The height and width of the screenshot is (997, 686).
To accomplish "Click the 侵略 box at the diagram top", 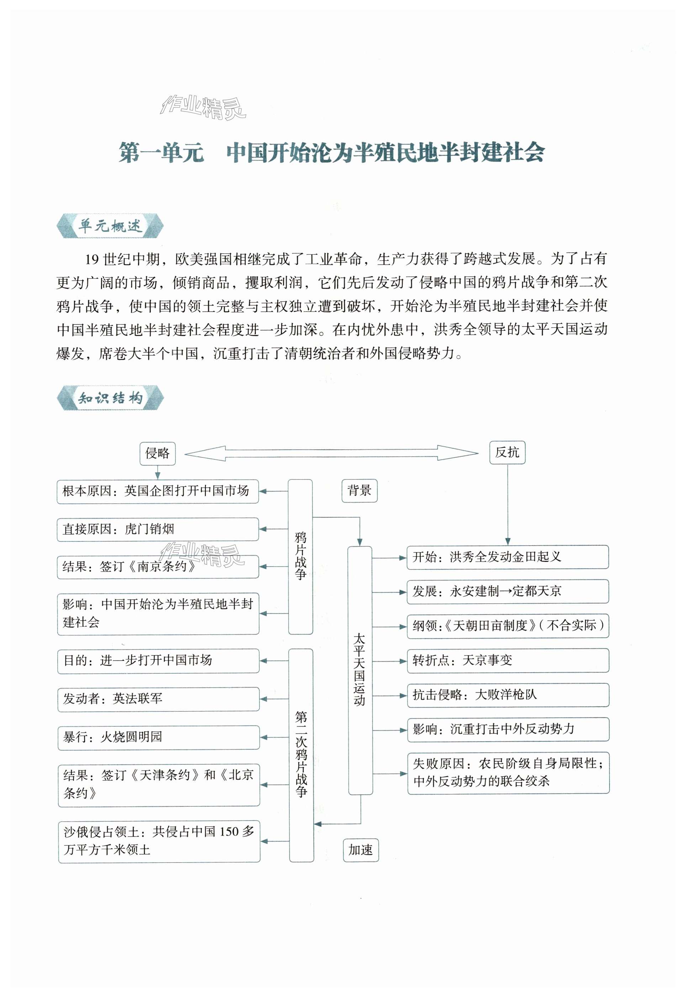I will [157, 453].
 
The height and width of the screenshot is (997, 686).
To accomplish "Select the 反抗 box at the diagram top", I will [507, 452].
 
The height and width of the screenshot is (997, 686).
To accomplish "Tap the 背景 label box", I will [359, 490].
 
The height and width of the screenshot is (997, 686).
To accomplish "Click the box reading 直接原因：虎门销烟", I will [158, 529].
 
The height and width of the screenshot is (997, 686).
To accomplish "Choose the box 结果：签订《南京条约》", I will [158, 567].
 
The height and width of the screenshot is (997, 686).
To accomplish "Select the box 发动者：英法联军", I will [158, 699].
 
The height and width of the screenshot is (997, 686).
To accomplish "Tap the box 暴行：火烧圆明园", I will [158, 737].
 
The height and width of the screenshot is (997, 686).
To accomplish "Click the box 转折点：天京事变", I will [508, 660].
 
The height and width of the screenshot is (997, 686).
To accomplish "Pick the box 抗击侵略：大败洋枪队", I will [508, 695].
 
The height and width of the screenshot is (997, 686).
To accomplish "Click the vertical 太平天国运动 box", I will [360, 670].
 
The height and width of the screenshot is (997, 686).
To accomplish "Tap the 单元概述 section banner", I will [110, 226].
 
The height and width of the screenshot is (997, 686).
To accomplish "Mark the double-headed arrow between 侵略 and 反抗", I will [331, 453].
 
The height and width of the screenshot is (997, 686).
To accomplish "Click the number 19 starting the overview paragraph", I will [91, 259].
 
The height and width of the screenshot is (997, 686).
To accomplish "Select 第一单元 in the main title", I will [161, 152].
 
